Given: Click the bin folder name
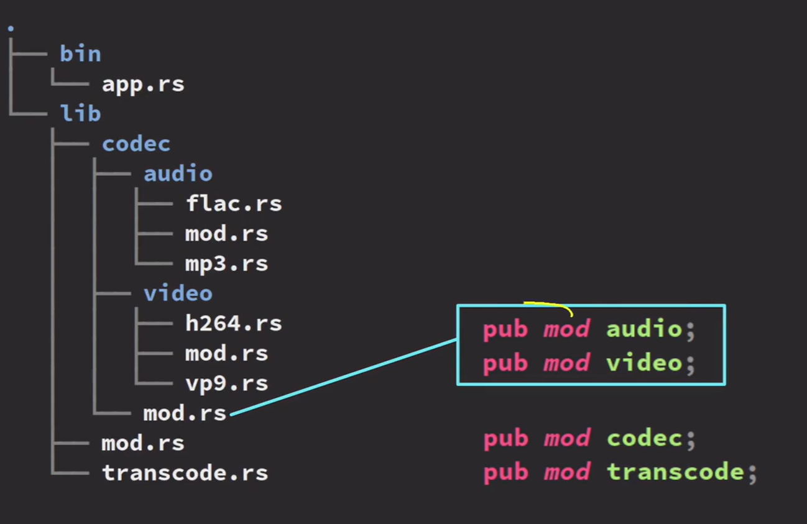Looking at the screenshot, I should coord(80,54).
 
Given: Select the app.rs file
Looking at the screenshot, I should coord(143,84).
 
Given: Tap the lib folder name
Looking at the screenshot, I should coord(80,114).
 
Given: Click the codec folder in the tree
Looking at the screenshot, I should coord(136,144).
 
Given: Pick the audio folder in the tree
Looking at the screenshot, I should coord(178,173).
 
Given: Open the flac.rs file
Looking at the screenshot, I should coord(233,203).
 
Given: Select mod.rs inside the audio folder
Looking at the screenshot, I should coord(226,234).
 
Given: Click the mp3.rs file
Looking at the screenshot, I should coord(226,264).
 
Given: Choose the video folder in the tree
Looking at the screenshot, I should coord(178,293).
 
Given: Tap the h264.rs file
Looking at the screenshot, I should coord(233,323).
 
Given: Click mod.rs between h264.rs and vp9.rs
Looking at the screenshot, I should coord(226,353).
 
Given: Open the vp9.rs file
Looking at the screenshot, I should coord(226,383).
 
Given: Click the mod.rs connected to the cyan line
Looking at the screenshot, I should coord(185,413).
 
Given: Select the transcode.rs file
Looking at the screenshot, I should coord(185,473).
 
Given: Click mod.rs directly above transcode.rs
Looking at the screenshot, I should coord(143,443).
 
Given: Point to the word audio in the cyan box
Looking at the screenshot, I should coord(644,329).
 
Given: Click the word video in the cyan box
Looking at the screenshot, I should coord(644,362).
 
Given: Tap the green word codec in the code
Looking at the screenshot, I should coord(644,439).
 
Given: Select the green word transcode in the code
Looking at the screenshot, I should coord(675,472).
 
